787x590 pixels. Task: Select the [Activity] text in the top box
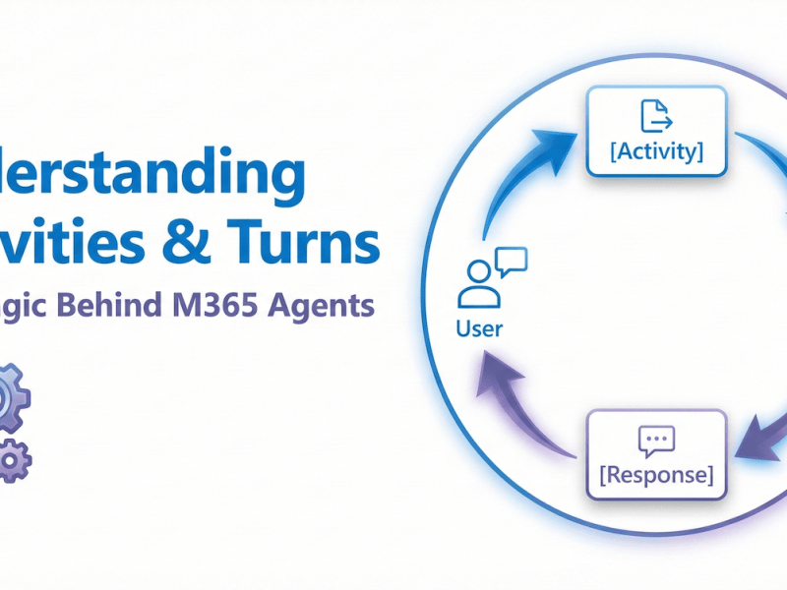tap(656, 153)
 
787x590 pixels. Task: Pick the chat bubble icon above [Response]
tap(656, 441)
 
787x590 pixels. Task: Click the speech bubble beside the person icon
tap(511, 261)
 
